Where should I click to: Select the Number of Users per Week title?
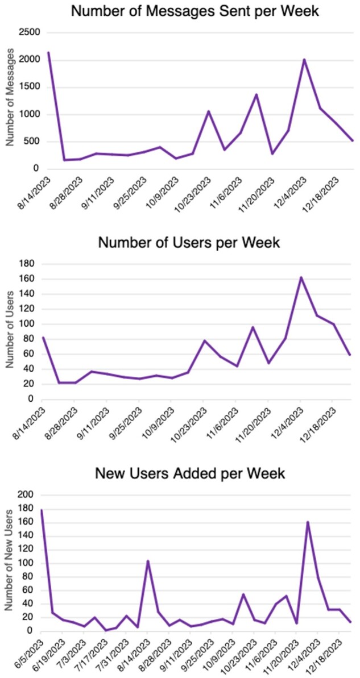point(189,243)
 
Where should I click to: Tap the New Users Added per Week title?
point(189,473)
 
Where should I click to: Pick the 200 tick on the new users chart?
point(26,495)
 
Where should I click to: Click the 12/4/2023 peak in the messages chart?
point(304,60)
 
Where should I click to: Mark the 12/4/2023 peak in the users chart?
point(301,277)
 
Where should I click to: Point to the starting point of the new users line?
point(42,510)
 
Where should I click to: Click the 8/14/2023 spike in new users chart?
point(148,561)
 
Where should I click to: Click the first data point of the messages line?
point(48,53)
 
